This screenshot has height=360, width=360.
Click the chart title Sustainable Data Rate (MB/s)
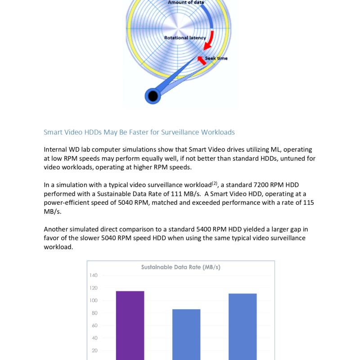(180, 267)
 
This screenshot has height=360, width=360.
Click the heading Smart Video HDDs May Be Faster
(139, 132)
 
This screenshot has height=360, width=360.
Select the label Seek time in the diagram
(216, 58)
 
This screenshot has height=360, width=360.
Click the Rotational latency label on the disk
(185, 38)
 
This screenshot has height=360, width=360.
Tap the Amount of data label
(186, 2)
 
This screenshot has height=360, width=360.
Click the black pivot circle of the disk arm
(153, 95)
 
